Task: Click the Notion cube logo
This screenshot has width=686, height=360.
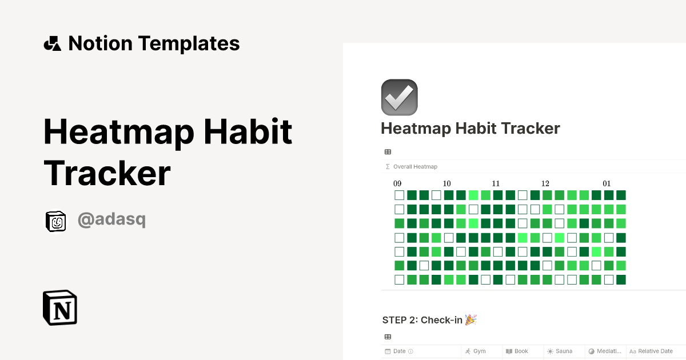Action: tap(60, 308)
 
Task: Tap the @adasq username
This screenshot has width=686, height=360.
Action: tap(111, 220)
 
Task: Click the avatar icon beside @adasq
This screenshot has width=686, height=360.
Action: tap(56, 221)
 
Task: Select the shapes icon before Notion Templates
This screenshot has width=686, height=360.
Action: tap(53, 43)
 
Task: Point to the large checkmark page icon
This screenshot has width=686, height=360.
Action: tap(399, 97)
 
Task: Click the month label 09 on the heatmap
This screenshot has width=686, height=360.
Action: tap(397, 183)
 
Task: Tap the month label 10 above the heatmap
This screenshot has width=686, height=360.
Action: tap(446, 183)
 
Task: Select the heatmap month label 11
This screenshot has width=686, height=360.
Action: tap(496, 183)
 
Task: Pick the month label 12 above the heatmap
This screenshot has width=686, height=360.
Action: tap(545, 183)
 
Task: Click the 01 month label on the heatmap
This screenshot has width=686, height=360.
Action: tap(607, 183)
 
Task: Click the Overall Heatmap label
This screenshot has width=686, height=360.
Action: tap(415, 167)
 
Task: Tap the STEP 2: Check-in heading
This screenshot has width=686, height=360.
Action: tap(422, 320)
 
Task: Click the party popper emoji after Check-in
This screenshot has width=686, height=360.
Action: tap(470, 319)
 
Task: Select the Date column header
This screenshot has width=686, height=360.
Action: tap(399, 351)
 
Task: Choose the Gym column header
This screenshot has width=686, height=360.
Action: tap(479, 351)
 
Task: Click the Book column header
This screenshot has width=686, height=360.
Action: tap(521, 351)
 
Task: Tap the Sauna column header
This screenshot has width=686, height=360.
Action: tap(563, 351)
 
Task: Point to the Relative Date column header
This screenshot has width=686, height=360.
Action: tap(655, 351)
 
